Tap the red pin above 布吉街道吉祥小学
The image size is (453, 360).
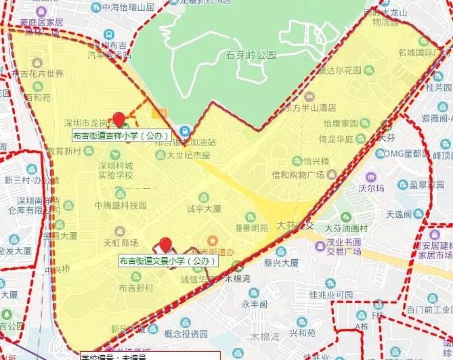pyautogui.click(x=120, y=120)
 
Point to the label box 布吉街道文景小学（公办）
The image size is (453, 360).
pyautogui.click(x=168, y=261)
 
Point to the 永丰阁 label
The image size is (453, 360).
pyautogui.click(x=255, y=305)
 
